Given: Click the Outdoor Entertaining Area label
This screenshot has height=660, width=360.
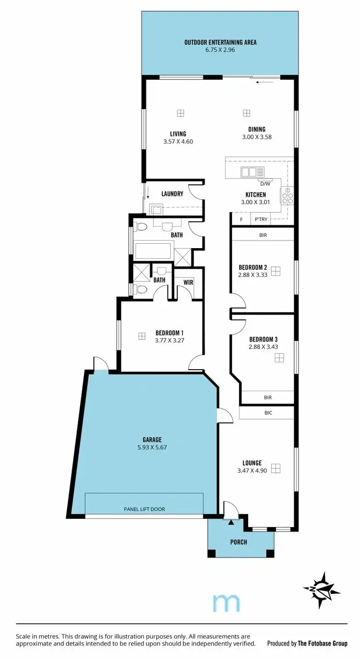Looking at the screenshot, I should [220, 42].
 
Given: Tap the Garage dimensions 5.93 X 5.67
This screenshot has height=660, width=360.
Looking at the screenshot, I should [152, 447].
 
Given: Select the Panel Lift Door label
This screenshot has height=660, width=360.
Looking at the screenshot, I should [144, 509].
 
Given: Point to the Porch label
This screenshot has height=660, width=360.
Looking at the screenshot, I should [239, 542].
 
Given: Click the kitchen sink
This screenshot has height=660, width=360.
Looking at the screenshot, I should [252, 172].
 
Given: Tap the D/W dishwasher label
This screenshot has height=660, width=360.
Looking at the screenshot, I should [265, 184].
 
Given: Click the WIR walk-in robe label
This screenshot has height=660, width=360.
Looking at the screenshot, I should [188, 282].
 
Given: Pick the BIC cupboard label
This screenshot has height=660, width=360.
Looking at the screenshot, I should [267, 412].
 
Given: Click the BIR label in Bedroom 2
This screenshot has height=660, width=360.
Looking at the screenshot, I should [263, 235].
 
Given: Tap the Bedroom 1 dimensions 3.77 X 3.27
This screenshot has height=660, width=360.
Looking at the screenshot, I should [169, 340].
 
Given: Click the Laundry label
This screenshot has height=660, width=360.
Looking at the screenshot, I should [172, 194].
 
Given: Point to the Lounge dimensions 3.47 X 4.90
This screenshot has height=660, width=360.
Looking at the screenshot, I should [252, 471].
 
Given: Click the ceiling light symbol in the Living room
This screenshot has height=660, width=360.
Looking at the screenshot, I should [180, 113].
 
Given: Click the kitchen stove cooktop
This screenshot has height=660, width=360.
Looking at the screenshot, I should [287, 195].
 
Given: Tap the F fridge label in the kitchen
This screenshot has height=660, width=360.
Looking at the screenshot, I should [241, 219].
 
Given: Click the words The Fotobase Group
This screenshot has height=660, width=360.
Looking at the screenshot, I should [322, 643].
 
